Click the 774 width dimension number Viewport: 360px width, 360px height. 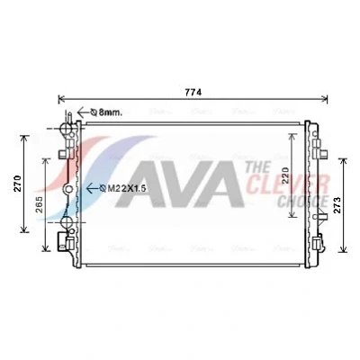193,93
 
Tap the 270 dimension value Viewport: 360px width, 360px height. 18,184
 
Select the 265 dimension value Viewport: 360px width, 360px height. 40,204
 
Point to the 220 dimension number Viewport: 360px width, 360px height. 285,175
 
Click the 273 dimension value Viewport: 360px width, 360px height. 337,205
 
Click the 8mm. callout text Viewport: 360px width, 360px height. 107,112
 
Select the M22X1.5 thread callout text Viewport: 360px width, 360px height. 123,188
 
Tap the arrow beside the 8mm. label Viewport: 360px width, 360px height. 84,112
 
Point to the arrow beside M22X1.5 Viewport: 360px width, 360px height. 93,188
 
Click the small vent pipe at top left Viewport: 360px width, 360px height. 69,117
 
